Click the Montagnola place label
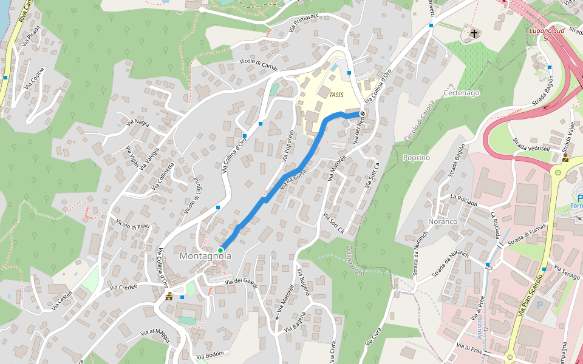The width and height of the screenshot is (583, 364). coord(205,257)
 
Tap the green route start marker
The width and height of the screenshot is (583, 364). coord(220,250)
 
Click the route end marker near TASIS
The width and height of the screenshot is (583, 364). coord(362,113)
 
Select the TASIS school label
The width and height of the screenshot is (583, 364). coord(336,95)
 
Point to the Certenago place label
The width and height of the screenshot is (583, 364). coord(462,93)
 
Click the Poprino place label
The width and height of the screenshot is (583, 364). coord(416,158)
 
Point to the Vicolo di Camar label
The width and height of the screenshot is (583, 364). coord(258,64)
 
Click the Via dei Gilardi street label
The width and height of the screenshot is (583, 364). coord(241,283)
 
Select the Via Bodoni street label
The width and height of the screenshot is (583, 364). coord(211,354)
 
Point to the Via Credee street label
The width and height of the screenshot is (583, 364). coord(124,287)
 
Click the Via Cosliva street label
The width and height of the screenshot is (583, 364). coord(35,78)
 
